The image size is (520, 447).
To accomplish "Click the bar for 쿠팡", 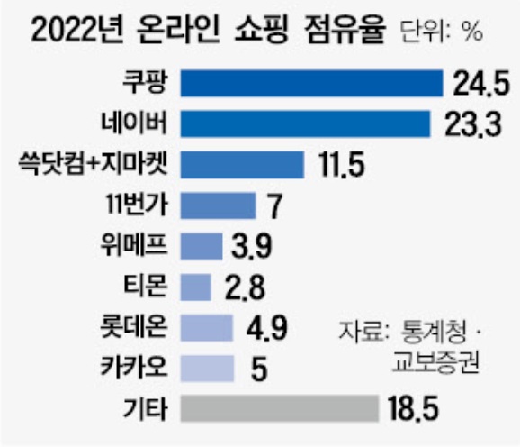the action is point(312,83).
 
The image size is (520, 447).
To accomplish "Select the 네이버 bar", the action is point(306,123).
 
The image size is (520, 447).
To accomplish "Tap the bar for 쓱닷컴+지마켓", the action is point(242,165).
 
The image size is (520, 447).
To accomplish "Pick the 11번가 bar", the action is point(219,205).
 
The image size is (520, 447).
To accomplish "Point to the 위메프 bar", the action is point(202,246).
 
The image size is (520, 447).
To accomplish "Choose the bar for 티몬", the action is point(195,287).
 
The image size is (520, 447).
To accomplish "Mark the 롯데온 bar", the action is point(207,328).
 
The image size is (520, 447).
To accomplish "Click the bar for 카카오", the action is point(207,369).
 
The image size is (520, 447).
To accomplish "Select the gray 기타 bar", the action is point(280,408).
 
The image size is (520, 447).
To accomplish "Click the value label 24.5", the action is point(481,84).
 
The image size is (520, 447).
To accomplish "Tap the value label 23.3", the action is point(473,124).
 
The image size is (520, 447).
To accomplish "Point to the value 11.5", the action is point(342,165).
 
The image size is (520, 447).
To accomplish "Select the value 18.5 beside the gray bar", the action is point(414,409).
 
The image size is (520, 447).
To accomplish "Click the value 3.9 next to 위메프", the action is point(252,246).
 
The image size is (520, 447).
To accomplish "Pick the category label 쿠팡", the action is point(145,82).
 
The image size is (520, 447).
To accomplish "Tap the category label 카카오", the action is point(134,368).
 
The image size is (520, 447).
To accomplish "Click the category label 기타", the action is point(145,409).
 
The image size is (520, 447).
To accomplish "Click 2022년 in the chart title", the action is point(77,31).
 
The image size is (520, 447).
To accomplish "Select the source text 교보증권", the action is point(436,363).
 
